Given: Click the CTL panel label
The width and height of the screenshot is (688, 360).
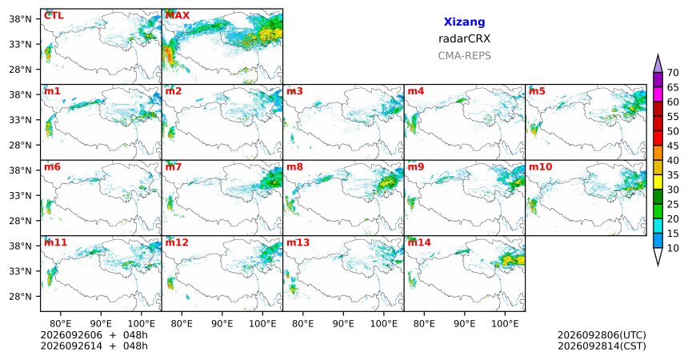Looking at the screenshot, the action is tap(54, 15).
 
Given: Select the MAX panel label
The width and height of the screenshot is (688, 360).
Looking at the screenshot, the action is tap(178, 15).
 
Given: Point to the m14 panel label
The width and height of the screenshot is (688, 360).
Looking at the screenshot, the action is tap(419, 242).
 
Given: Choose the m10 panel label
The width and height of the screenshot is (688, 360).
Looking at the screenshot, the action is tap(540, 167).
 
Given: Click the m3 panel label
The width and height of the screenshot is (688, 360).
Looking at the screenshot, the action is tap(294, 91).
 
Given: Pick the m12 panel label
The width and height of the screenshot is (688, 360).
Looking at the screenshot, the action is tap(176, 242).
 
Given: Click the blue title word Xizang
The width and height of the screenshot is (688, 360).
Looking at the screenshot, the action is tap(464, 22).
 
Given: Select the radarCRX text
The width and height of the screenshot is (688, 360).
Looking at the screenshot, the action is tap(464, 38).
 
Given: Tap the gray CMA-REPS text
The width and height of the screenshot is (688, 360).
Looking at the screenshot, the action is tap(464, 56).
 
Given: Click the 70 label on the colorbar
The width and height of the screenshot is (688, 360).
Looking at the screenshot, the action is tap(673, 73).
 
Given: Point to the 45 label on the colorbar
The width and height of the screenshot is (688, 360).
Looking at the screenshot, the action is tap(673, 146).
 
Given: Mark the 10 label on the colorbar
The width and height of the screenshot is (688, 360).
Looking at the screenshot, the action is tap(673, 248).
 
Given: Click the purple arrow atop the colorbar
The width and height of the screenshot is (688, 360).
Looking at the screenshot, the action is tap(658, 64).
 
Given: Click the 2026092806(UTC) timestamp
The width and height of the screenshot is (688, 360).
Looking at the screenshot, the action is tap(602, 335).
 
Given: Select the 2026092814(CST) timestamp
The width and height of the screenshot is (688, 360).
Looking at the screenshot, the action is tap(602, 346).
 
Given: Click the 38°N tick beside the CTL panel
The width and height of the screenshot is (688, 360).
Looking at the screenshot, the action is tap(20, 19).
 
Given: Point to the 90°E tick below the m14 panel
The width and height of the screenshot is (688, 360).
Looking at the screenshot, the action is tap(465, 324).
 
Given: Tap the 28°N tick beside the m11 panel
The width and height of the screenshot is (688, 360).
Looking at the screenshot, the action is tap(20, 296).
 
